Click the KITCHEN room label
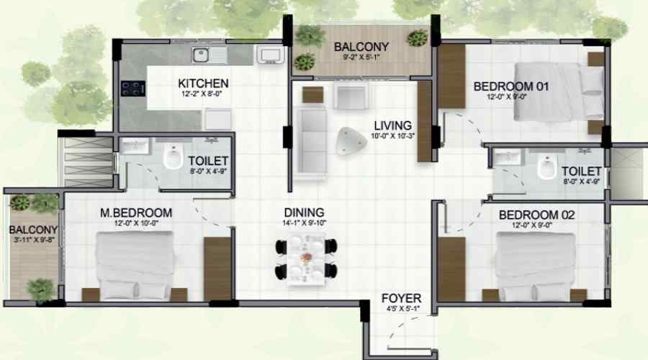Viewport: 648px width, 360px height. pos(203,83)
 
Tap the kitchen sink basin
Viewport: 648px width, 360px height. pos(201,55)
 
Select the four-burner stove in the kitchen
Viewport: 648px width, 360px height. pos(133,89)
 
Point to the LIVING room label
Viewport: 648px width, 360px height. pos(392,125)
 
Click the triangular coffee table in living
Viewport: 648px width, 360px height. pos(351,140)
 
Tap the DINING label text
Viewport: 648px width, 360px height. pos(304,212)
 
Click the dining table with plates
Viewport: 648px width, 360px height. pos(306,259)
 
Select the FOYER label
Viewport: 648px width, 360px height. pos(401,298)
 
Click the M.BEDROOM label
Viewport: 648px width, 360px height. pos(136,213)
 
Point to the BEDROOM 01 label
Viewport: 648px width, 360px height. pos(510,86)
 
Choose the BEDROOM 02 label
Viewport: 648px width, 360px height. pos(536,215)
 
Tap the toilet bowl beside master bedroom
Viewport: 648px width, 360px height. pos(173,156)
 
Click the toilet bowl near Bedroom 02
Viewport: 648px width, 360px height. pos(546,167)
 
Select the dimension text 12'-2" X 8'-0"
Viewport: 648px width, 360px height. pos(202,94)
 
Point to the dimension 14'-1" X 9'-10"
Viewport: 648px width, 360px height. pos(304,222)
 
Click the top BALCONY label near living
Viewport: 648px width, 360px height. pos(361,47)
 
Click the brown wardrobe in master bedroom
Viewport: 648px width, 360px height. pos(217,269)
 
